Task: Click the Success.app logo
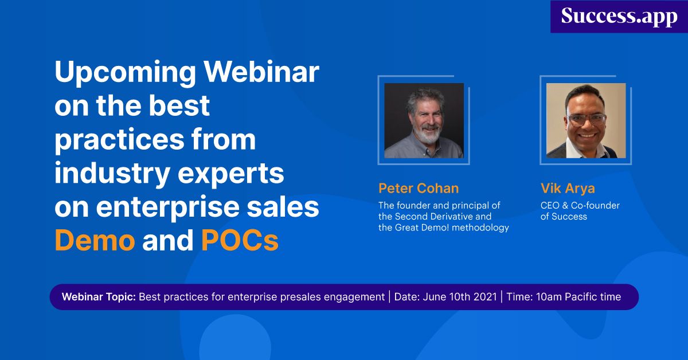[619, 16]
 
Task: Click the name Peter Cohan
[419, 189]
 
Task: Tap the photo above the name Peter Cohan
[424, 120]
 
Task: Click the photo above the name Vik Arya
[585, 120]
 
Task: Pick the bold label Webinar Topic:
[99, 297]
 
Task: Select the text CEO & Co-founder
[580, 205]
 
